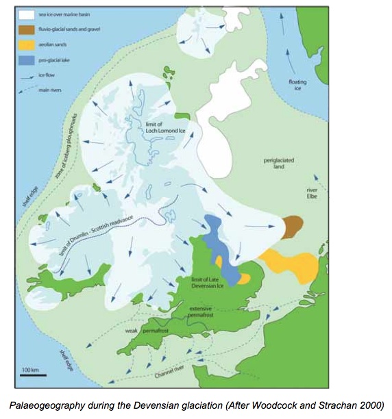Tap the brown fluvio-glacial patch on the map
pos(293,225)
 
